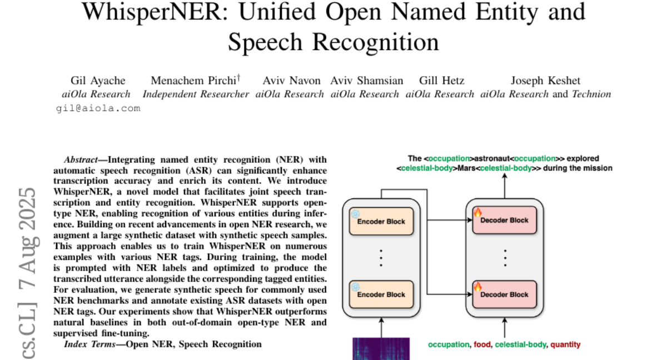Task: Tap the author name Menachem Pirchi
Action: [195, 81]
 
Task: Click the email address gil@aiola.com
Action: [98, 108]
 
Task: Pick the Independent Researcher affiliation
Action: [196, 94]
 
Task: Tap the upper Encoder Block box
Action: [381, 221]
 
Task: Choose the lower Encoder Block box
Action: [381, 294]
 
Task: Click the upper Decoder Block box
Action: [505, 220]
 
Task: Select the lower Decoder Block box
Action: [505, 294]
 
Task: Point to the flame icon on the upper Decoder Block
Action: [477, 212]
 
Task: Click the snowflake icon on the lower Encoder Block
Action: [356, 287]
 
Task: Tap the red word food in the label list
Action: [482, 344]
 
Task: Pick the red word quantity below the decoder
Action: [565, 344]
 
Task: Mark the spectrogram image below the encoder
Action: [381, 349]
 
